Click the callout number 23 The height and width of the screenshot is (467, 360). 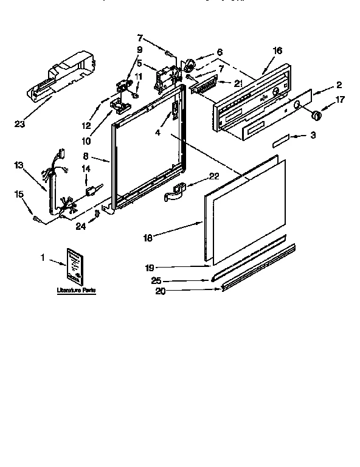pyautogui.click(x=19, y=125)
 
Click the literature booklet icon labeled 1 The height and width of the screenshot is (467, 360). pyautogui.click(x=75, y=266)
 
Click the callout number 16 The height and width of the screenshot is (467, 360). pyautogui.click(x=277, y=51)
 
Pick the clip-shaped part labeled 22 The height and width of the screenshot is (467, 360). pyautogui.click(x=175, y=192)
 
